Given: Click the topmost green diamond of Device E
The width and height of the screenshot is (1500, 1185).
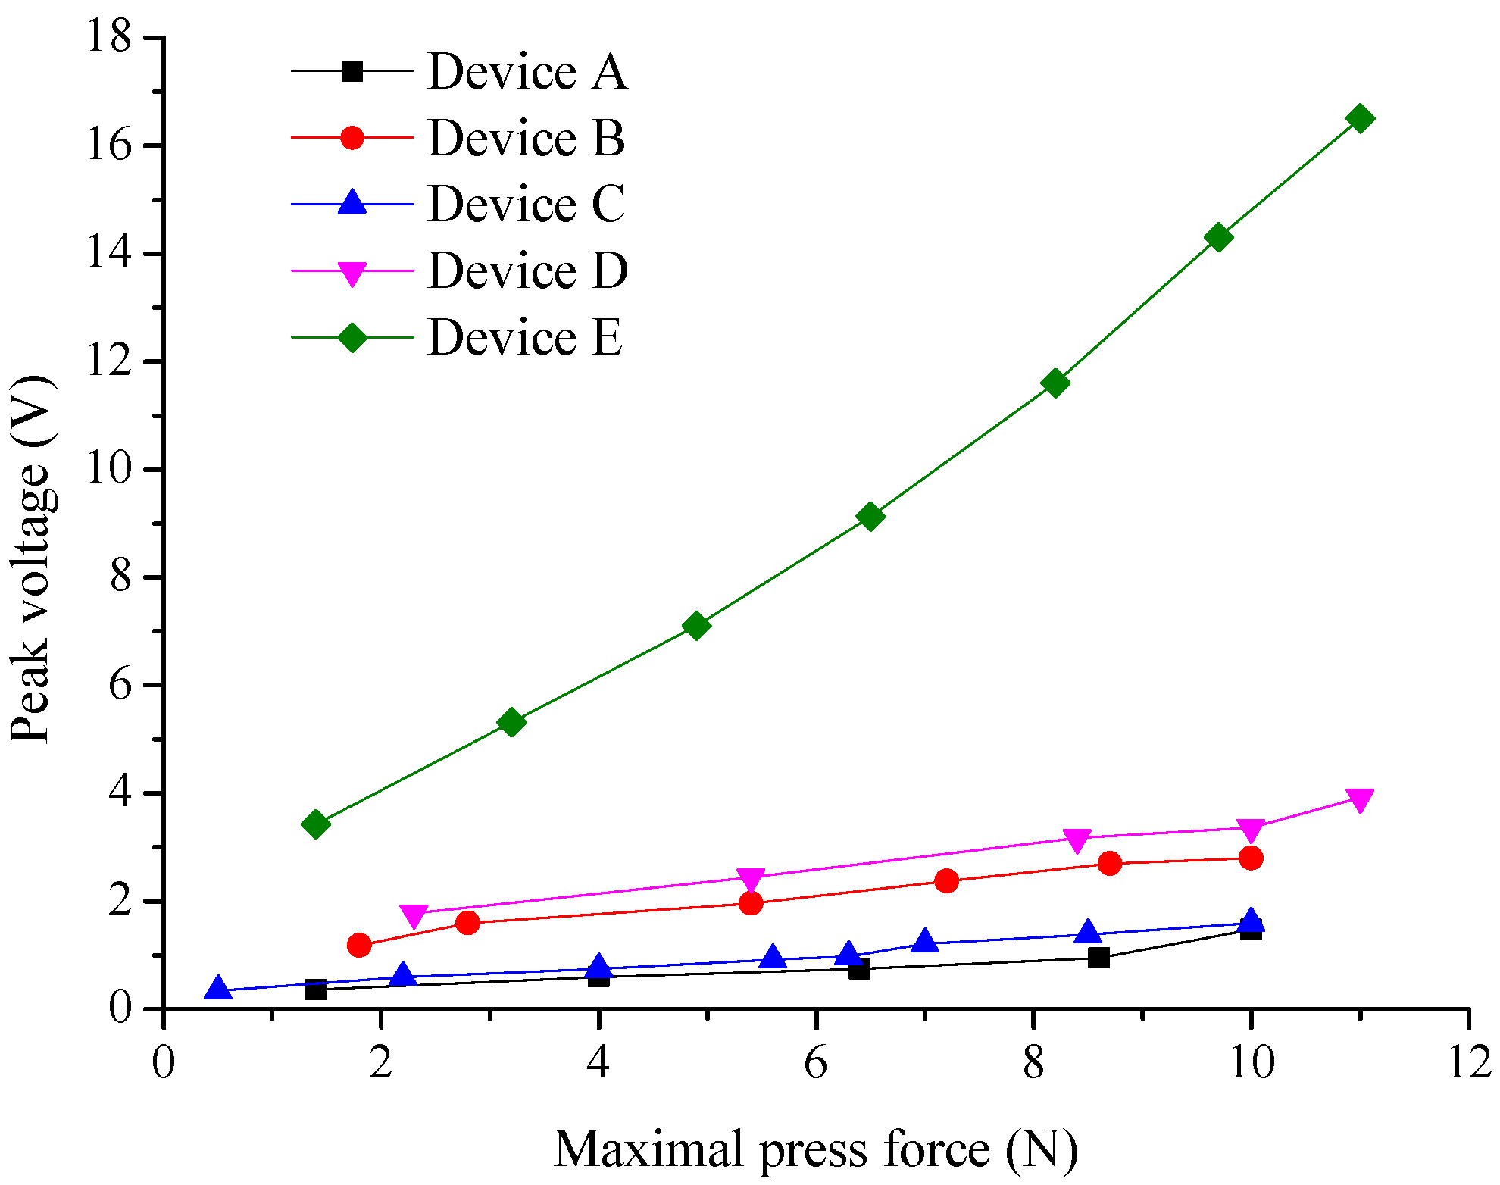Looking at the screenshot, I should pos(1360,118).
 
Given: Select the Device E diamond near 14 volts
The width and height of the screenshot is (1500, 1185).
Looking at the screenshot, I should pos(1218,237).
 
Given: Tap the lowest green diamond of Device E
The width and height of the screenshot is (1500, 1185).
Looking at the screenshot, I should pos(316,824).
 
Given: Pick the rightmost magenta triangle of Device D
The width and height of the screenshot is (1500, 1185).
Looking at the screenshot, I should pos(1360,799).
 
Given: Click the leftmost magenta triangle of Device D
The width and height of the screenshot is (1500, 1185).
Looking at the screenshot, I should pos(414,915).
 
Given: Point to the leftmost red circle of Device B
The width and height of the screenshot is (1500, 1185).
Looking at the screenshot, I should pos(359,945).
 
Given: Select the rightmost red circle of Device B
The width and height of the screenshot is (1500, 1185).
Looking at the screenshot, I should pos(1251,858).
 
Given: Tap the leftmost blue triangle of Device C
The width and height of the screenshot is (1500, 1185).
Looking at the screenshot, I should pos(218,988).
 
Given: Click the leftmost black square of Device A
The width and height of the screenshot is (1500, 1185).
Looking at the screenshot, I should pos(316,990).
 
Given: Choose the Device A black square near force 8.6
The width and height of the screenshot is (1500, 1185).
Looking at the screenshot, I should pos(1098,957).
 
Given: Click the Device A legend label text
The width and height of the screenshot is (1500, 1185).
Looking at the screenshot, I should pos(527,72).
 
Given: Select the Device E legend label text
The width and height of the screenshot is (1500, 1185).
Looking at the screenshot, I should pos(525,337).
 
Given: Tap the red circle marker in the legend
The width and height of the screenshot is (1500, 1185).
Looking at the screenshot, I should pos(352,137).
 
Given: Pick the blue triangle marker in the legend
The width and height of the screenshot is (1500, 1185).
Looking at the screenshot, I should pos(352,202).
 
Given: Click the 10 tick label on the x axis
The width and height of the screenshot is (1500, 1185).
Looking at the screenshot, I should pos(1251,1063).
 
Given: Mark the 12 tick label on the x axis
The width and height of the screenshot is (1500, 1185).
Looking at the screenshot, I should pos(1468,1063).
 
